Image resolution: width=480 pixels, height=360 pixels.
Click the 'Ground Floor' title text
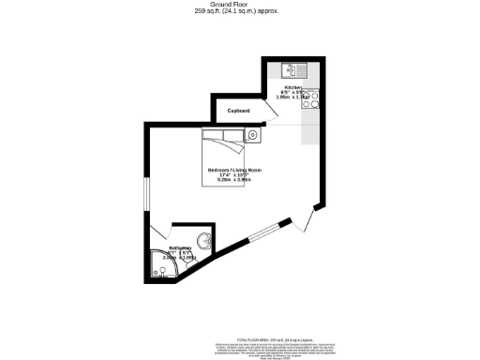[239, 5]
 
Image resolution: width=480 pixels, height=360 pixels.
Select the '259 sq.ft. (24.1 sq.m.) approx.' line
[239, 11]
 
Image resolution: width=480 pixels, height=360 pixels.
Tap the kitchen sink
[290, 70]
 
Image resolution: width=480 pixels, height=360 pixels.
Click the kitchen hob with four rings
[311, 98]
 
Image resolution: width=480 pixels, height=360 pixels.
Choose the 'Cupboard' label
[238, 111]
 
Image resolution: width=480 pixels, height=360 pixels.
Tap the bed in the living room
[223, 150]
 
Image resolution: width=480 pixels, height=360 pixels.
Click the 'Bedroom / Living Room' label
[234, 170]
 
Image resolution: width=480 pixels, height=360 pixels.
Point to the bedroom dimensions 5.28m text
[222, 182]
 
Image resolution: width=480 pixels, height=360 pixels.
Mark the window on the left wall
[144, 191]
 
